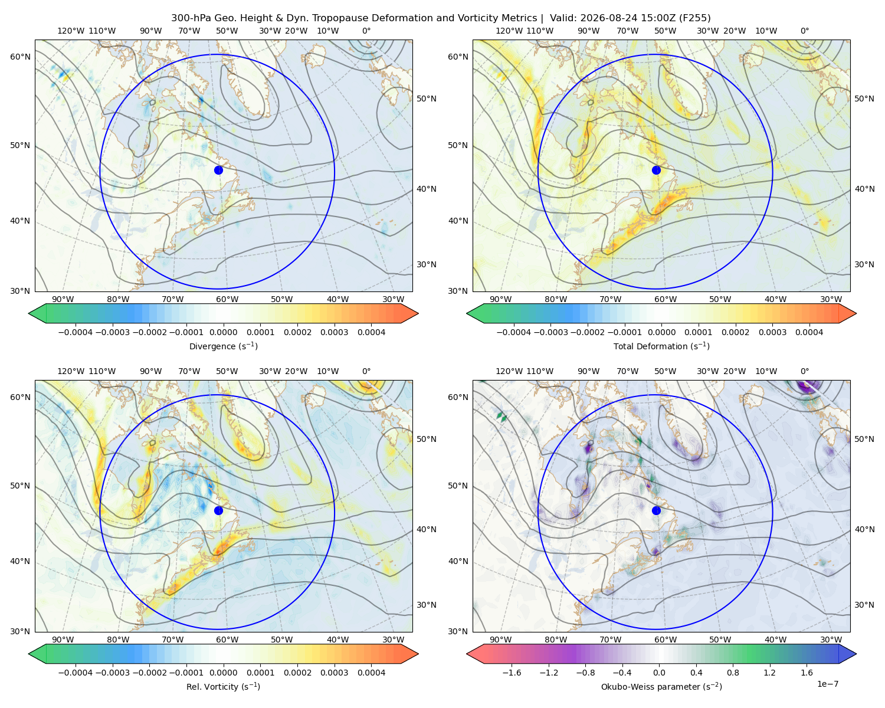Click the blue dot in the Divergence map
click(218, 170)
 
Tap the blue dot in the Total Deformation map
click(656, 170)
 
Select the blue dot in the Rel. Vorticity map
click(218, 510)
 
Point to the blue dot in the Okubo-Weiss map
click(656, 510)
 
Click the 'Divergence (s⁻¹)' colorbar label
click(223, 346)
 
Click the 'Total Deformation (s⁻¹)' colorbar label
click(661, 346)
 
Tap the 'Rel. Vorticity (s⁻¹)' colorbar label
click(223, 686)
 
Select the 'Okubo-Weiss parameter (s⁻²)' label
click(661, 686)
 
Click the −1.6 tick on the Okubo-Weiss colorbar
click(512, 673)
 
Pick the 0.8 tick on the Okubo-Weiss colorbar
click(733, 673)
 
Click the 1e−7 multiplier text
click(827, 684)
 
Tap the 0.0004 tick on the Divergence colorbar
click(371, 332)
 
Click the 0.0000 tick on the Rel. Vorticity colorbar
click(223, 673)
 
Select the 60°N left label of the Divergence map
click(20, 57)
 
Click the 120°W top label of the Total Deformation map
click(509, 31)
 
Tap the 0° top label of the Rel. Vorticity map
click(366, 371)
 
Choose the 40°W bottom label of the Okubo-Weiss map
click(776, 640)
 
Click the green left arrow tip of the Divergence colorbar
click(29, 313)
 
